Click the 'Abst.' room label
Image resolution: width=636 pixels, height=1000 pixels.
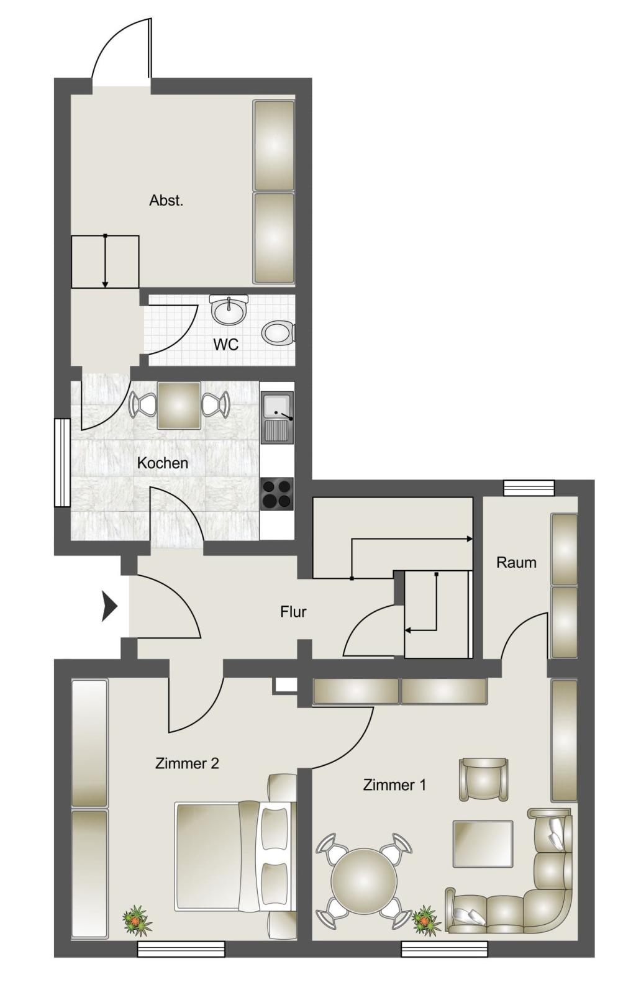click(x=166, y=201)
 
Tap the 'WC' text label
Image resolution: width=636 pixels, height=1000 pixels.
click(x=225, y=344)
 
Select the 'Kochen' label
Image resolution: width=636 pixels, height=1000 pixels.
click(x=162, y=463)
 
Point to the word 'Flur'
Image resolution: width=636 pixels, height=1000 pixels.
click(x=293, y=612)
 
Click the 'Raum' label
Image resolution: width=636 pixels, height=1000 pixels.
click(x=516, y=562)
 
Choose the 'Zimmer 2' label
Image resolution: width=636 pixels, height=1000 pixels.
click(x=187, y=763)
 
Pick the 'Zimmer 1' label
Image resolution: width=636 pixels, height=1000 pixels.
click(x=394, y=785)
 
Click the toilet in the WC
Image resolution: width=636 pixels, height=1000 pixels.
click(x=278, y=333)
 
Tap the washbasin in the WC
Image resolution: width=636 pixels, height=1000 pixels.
click(x=229, y=310)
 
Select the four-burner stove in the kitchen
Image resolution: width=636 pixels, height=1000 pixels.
click(x=276, y=494)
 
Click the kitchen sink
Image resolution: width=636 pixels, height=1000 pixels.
click(x=276, y=417)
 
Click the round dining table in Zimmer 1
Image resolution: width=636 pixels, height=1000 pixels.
click(x=364, y=881)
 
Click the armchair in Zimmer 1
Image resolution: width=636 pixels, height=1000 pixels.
click(x=483, y=779)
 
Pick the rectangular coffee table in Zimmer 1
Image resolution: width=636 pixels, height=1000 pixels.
click(x=483, y=843)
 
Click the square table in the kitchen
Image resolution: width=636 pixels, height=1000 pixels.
click(x=179, y=406)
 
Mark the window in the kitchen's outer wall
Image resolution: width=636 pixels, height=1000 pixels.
click(x=62, y=463)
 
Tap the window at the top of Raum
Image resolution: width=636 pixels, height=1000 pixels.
click(x=529, y=488)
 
